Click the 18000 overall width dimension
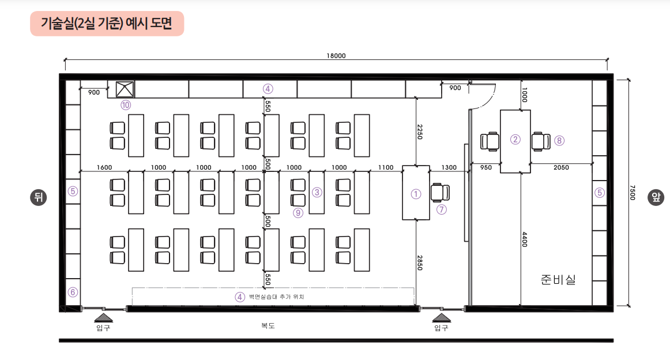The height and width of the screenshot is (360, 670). pyautogui.click(x=336, y=55)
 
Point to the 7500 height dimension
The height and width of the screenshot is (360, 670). pyautogui.click(x=633, y=192)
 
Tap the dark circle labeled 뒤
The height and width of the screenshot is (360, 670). pyautogui.click(x=39, y=197)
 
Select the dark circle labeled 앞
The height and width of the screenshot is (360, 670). pyautogui.click(x=656, y=197)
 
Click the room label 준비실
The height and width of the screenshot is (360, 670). pyautogui.click(x=558, y=280)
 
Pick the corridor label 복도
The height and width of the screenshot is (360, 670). pyautogui.click(x=268, y=326)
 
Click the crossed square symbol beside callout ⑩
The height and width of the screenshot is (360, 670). pyautogui.click(x=125, y=89)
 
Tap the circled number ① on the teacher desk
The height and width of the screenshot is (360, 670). pyautogui.click(x=416, y=194)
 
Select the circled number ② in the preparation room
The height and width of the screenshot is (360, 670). pyautogui.click(x=515, y=140)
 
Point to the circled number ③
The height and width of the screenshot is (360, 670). pyautogui.click(x=317, y=192)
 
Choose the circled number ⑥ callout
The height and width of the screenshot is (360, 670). pyautogui.click(x=73, y=292)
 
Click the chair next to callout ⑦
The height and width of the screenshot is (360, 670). pyautogui.click(x=440, y=192)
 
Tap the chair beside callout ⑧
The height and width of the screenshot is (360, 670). pyautogui.click(x=541, y=141)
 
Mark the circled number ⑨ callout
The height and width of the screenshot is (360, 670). pyautogui.click(x=298, y=212)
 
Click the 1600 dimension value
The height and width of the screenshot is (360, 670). pyautogui.click(x=104, y=167)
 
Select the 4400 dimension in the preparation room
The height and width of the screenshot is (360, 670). pyautogui.click(x=525, y=239)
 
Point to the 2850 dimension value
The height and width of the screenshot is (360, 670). pyautogui.click(x=420, y=262)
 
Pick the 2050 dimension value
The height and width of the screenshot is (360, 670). pyautogui.click(x=561, y=167)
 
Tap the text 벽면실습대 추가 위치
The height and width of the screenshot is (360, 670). pyautogui.click(x=276, y=297)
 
